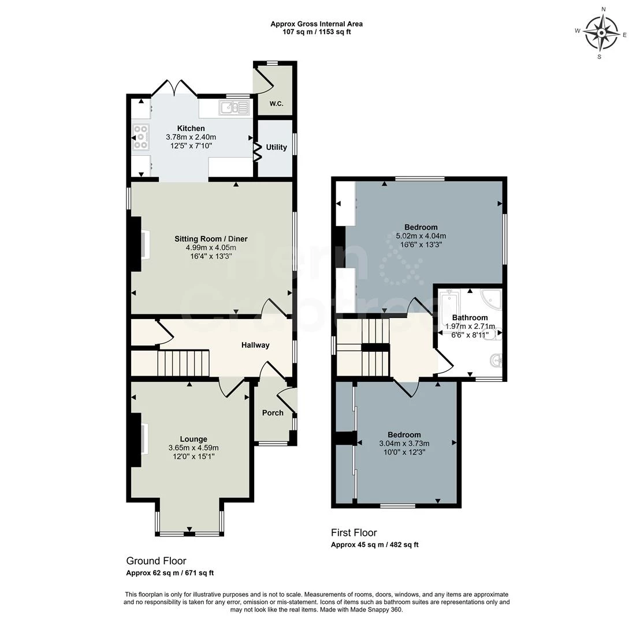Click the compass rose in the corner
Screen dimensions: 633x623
click(601, 33)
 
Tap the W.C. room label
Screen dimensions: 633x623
click(276, 104)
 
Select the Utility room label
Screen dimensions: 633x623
click(276, 147)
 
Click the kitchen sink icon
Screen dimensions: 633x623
click(234, 108)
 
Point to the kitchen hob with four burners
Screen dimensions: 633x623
click(141, 137)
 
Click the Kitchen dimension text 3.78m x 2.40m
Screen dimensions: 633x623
click(191, 137)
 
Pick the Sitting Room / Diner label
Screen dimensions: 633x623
click(211, 239)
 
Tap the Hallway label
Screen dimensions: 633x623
click(255, 345)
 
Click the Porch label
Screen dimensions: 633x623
click(273, 413)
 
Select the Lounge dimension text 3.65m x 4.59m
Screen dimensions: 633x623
click(194, 448)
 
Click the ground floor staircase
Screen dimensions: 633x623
click(183, 363)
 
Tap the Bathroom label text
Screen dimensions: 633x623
click(470, 318)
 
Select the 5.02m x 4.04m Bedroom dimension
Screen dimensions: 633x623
click(420, 236)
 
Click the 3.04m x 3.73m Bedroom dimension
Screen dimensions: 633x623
click(404, 443)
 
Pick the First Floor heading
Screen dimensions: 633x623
click(353, 532)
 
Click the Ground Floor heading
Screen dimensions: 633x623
click(157, 561)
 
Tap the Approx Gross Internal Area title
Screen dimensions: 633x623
click(316, 24)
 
